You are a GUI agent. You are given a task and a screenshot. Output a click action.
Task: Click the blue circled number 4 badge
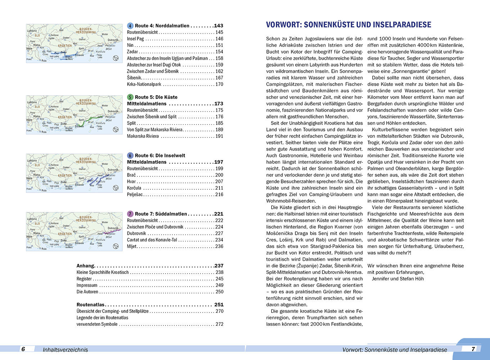(130, 26)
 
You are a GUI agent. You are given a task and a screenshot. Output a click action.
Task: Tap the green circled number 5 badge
(130, 97)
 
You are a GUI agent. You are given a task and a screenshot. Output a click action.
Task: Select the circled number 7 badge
(130, 214)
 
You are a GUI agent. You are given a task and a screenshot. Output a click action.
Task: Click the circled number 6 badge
(130, 156)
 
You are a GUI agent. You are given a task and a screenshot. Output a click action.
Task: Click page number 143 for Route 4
(218, 26)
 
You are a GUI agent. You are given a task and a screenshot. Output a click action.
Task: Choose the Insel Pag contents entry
(135, 39)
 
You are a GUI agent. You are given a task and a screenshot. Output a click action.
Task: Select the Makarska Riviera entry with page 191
(143, 136)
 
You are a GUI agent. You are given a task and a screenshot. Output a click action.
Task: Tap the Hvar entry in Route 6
(131, 181)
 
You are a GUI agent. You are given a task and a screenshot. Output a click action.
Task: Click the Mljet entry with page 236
(132, 246)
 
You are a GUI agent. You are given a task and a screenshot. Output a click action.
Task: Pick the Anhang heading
(85, 266)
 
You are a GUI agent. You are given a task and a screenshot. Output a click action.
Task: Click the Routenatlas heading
(90, 305)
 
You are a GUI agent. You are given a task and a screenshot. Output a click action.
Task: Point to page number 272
(219, 324)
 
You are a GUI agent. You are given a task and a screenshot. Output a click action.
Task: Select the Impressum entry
(87, 285)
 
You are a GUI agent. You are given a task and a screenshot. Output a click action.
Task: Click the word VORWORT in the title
(283, 25)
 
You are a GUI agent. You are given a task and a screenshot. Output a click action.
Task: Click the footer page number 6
(23, 349)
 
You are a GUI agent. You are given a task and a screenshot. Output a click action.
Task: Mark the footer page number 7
(473, 348)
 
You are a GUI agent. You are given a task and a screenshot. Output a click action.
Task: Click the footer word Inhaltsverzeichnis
(65, 350)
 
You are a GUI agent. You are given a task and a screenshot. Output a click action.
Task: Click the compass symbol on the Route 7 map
(116, 246)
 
